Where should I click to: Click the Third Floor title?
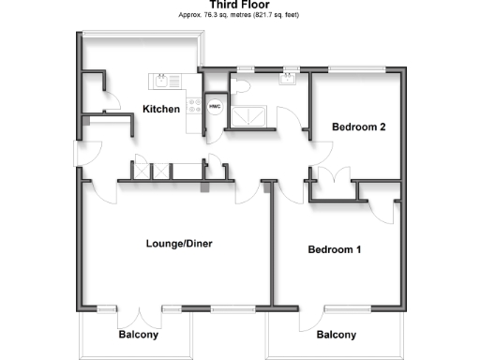coord(239,6)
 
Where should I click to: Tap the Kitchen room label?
coord(160,110)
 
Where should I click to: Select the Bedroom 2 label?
coord(359,127)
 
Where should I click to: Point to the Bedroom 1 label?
coord(335,250)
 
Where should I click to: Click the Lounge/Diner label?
coord(179,244)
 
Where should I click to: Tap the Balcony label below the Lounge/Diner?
coord(138,335)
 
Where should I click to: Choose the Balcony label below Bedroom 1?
coord(336,335)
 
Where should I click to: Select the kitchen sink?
coord(162,80)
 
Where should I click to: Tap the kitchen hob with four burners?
coord(195,106)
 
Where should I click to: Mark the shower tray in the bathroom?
coord(251,115)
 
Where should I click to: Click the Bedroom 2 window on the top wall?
coord(357,67)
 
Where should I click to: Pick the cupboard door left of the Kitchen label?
coord(110,100)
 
